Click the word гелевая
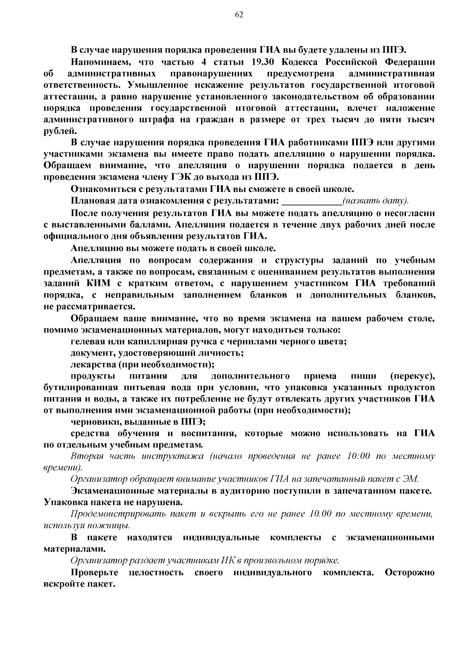point(89,341)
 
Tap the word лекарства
point(93,364)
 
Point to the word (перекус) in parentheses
point(412,376)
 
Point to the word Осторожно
point(410,572)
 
